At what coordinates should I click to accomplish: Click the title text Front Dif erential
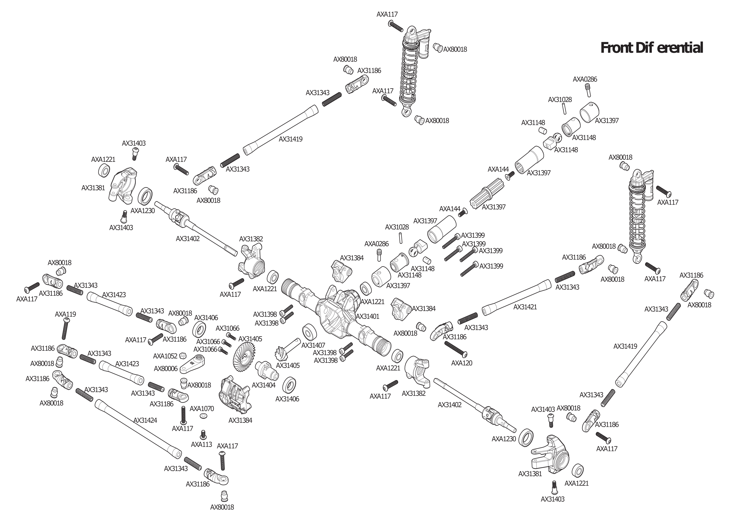(652, 48)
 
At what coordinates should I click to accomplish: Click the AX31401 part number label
(367, 316)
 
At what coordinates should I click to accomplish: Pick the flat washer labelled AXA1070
(203, 416)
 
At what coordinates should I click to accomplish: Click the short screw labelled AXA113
(203, 434)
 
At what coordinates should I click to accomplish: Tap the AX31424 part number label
(145, 420)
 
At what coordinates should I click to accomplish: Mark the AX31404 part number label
(263, 385)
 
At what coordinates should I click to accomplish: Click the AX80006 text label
(165, 368)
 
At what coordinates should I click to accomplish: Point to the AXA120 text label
(462, 363)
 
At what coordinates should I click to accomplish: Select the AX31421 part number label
(525, 307)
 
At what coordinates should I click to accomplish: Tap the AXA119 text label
(65, 314)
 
